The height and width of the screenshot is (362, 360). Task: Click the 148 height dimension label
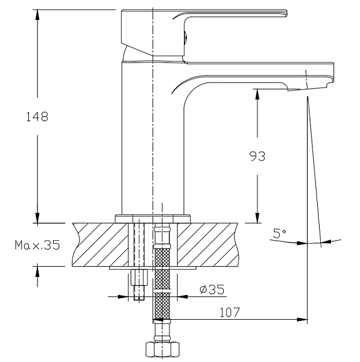coord(37,116)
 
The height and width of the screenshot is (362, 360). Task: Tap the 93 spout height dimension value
coord(257,156)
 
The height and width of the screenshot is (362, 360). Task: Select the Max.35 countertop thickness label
coord(37,245)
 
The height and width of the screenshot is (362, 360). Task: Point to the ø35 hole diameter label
coord(212,289)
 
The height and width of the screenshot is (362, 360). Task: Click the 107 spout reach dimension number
coord(230,313)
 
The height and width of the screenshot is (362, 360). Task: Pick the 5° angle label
coord(279,233)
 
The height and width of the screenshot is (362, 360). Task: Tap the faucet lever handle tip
coord(286,13)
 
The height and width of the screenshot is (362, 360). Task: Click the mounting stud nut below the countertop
coord(139,278)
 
